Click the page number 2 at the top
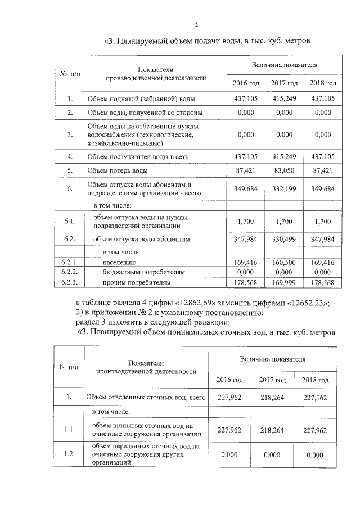(x=197, y=25)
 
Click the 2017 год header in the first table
(x=284, y=83)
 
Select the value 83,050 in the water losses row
(x=284, y=169)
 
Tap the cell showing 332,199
(x=284, y=188)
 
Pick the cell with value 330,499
(x=284, y=239)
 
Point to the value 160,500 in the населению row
(x=284, y=262)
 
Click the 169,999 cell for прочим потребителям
(x=284, y=282)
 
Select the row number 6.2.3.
(x=69, y=282)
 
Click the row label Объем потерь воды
(x=117, y=169)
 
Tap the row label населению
(x=119, y=262)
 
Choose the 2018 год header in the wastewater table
(x=316, y=380)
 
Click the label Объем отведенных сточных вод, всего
(x=145, y=398)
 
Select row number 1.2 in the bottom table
(x=69, y=454)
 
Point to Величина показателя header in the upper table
(x=285, y=65)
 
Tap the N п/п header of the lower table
(x=69, y=367)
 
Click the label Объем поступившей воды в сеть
(x=137, y=156)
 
